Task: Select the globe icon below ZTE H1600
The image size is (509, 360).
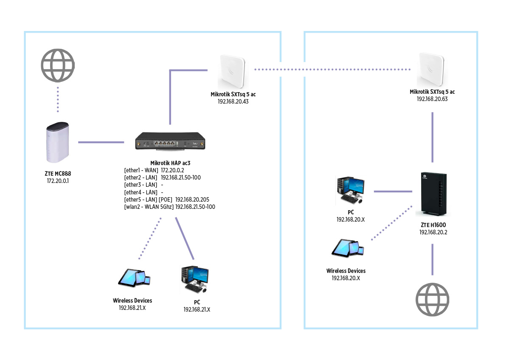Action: (x=432, y=300)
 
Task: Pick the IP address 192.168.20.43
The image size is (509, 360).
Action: (x=233, y=101)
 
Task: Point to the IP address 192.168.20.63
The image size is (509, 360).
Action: (x=432, y=99)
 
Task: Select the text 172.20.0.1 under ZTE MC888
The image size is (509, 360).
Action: (x=58, y=181)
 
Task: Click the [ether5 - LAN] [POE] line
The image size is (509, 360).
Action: (x=166, y=199)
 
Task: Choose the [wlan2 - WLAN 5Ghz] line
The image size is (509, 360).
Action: (x=169, y=207)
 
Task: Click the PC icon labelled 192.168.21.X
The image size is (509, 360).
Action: (x=195, y=280)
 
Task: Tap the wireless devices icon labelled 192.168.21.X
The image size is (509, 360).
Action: (x=134, y=278)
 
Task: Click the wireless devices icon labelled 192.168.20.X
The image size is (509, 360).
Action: (x=348, y=248)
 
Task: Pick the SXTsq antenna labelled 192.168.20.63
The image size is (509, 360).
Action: (x=432, y=70)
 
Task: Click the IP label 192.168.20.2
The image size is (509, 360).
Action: (x=433, y=232)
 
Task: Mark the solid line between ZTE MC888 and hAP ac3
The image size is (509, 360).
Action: (x=101, y=142)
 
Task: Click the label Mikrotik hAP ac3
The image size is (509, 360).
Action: (x=169, y=163)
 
